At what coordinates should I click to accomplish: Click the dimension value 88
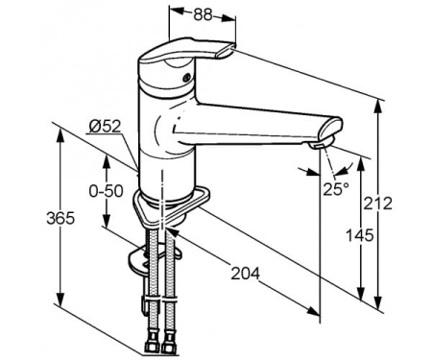[x=203, y=14]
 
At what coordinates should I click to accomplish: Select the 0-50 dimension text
[x=106, y=191]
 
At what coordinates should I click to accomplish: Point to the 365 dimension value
[x=60, y=218]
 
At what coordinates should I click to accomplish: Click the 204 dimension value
[x=246, y=274]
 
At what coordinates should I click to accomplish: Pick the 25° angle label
[x=336, y=189]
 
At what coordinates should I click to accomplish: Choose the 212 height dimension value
[x=378, y=204]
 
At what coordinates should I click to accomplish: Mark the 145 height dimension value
[x=360, y=235]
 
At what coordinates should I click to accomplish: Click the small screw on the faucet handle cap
[x=186, y=77]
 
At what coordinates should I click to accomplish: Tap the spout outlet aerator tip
[x=321, y=146]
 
